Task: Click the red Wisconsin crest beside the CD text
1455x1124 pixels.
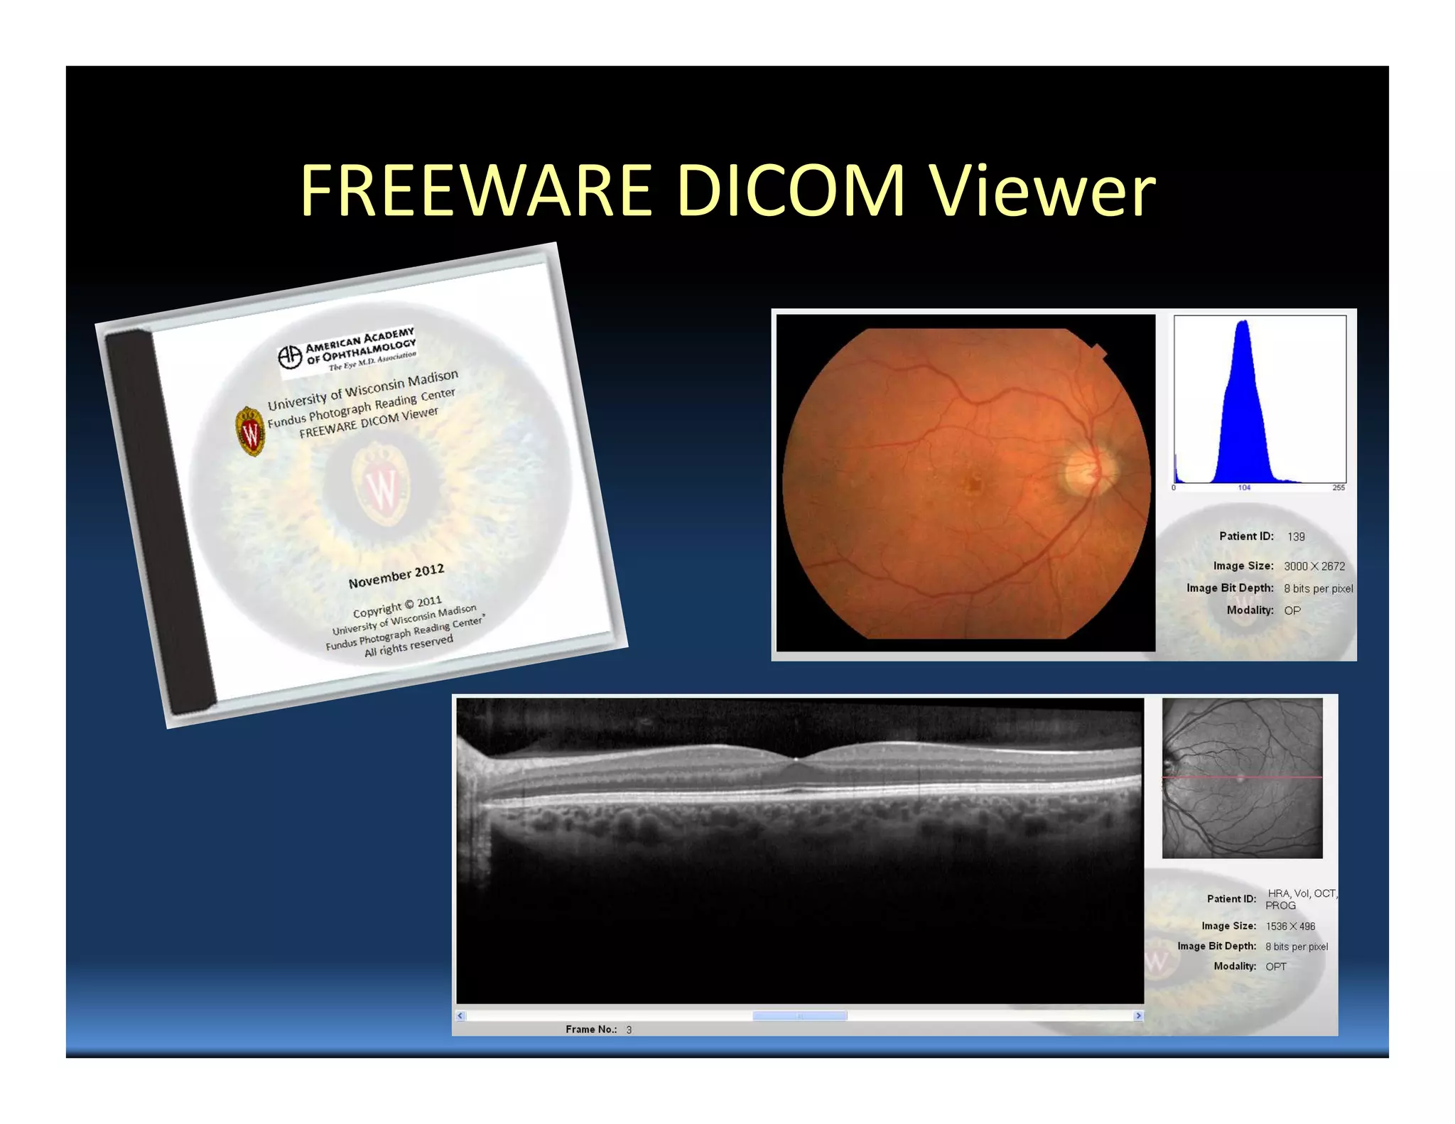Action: pos(250,431)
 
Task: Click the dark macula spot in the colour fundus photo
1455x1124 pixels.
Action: pos(973,485)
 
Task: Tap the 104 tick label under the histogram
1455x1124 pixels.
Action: pos(1244,488)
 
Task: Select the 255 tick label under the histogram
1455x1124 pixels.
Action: pos(1338,488)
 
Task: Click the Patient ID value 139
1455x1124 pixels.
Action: pos(1296,537)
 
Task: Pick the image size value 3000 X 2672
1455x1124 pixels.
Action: pos(1314,566)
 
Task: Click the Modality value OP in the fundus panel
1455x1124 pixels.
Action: pos(1292,610)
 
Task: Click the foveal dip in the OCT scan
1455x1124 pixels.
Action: pos(796,759)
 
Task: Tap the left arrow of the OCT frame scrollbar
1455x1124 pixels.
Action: pos(460,1016)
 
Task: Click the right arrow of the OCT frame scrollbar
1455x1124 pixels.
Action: pos(1138,1016)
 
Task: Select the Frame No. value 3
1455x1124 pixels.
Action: pos(629,1030)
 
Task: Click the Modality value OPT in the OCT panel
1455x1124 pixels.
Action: pos(1276,966)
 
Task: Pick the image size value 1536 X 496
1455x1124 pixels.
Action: pos(1290,926)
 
